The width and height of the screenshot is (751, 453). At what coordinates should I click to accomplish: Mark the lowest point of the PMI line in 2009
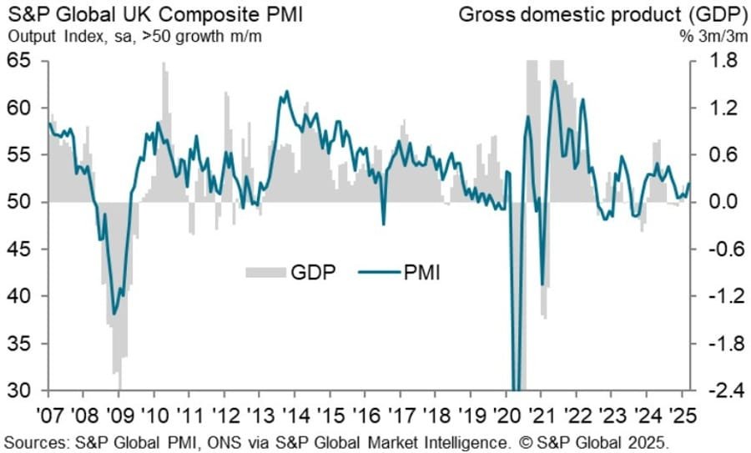pyautogui.click(x=114, y=315)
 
